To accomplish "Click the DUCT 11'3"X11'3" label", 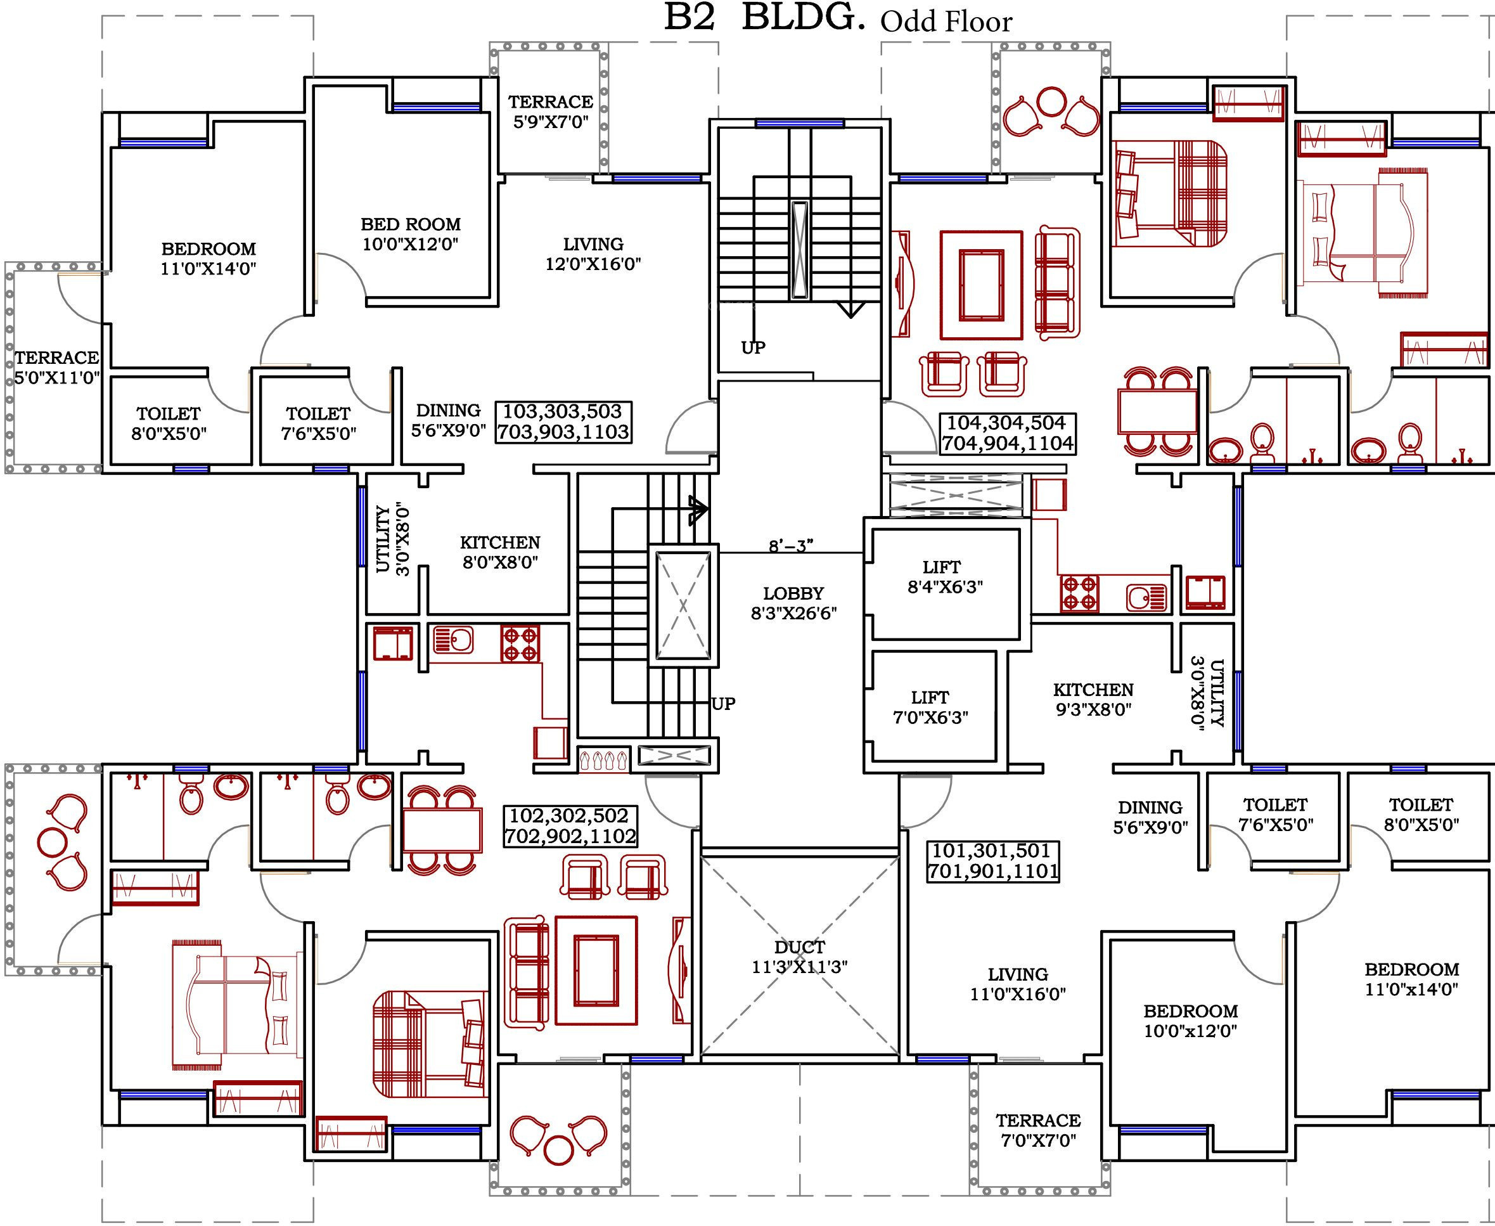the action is [799, 957].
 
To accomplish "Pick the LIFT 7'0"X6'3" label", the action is [930, 707].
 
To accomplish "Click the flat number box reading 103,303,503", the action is [563, 422].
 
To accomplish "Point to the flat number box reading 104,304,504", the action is [1007, 433].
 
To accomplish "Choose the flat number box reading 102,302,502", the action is [570, 825].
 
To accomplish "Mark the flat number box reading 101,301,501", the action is [993, 861].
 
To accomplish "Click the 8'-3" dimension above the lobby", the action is [792, 545].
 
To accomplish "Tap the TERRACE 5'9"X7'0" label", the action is [551, 112].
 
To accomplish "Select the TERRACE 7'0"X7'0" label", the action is [1038, 1130].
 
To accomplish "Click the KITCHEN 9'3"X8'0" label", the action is [1093, 699].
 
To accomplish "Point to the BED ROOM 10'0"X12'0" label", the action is [411, 234].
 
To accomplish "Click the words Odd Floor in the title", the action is [946, 22].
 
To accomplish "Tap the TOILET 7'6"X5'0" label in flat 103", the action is [318, 423].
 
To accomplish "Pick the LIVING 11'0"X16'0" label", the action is [1018, 984].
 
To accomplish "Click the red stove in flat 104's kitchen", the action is [1079, 593].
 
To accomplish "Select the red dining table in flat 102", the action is [442, 829].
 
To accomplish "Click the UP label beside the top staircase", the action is [753, 347].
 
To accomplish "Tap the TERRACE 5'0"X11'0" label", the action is [57, 367].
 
